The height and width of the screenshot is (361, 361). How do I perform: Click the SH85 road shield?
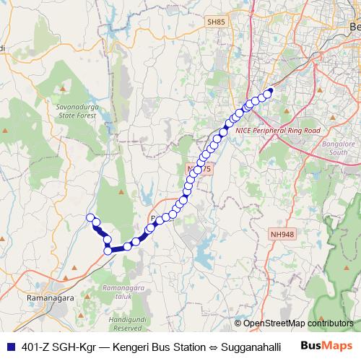point(216,22)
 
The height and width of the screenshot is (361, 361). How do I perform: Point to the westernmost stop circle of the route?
point(90,218)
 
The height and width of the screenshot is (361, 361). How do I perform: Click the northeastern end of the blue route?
point(270,91)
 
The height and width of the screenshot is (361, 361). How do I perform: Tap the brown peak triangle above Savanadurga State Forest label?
point(64,90)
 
